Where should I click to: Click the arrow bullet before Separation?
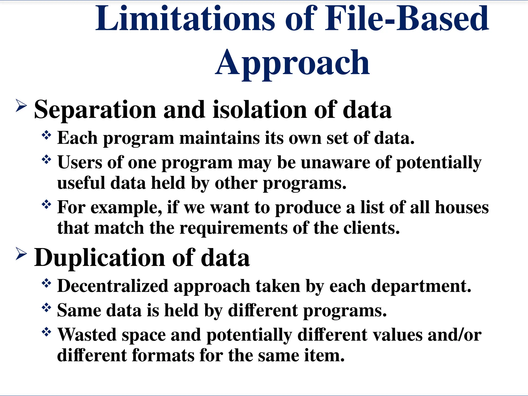[x=21, y=105]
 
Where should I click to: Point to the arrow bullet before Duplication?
[x=21, y=253]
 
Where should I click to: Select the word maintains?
[x=219, y=138]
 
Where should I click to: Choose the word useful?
[x=81, y=183]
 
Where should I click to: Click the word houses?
[x=461, y=207]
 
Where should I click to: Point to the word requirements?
[x=233, y=228]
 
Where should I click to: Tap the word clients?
[x=372, y=228]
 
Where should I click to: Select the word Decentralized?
[x=113, y=286]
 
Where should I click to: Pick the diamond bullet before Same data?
[x=46, y=308]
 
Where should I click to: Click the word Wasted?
[x=87, y=335]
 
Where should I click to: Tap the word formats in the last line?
[x=163, y=355]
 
